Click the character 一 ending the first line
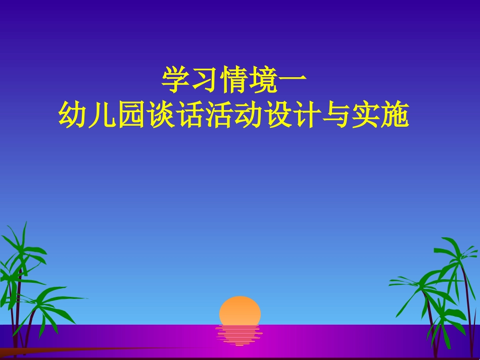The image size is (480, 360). [x=292, y=81]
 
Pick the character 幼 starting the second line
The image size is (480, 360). [x=73, y=115]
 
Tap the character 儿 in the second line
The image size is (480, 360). [x=103, y=115]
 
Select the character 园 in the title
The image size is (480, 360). [x=131, y=115]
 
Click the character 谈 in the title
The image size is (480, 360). [x=161, y=115]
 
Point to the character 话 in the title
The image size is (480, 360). [x=190, y=115]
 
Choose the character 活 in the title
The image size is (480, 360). [x=219, y=115]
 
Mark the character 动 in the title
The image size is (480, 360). [x=248, y=115]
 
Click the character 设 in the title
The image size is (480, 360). [x=277, y=115]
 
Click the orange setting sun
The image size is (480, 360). [x=240, y=310]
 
